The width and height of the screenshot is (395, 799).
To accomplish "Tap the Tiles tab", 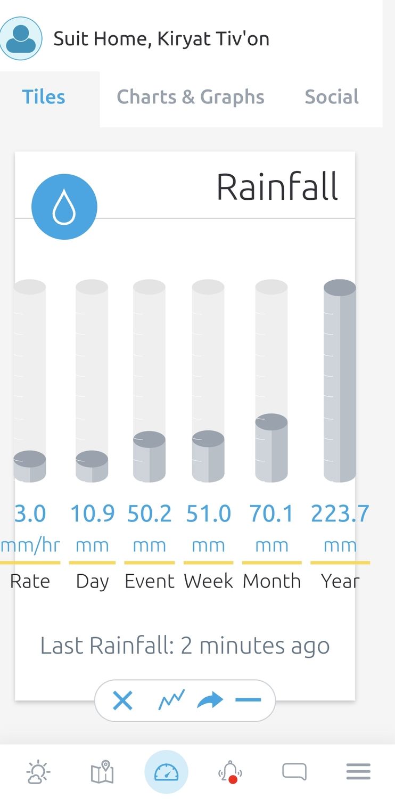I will pyautogui.click(x=44, y=97).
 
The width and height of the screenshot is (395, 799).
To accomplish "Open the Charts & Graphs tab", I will pyautogui.click(x=191, y=97).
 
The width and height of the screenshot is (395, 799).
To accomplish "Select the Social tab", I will pyautogui.click(x=332, y=97).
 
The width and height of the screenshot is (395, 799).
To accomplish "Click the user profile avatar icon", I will pyautogui.click(x=21, y=38).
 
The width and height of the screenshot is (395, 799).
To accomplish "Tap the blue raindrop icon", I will pyautogui.click(x=64, y=207).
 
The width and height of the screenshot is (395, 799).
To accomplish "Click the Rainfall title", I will pyautogui.click(x=277, y=187).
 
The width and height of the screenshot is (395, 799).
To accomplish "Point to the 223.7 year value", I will pyautogui.click(x=340, y=514).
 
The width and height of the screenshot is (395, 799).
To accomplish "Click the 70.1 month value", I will pyautogui.click(x=271, y=514).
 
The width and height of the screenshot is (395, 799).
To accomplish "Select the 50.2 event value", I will pyautogui.click(x=150, y=514).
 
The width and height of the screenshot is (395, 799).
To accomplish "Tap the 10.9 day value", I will pyautogui.click(x=92, y=514).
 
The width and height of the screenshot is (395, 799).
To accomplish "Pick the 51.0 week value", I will pyautogui.click(x=208, y=514).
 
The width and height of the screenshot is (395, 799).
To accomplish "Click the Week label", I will pyautogui.click(x=208, y=581).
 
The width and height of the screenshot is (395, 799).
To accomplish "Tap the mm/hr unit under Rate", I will pyautogui.click(x=30, y=545).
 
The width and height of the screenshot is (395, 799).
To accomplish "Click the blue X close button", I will pyautogui.click(x=122, y=700).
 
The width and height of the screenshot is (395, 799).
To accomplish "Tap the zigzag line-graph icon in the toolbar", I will pyautogui.click(x=171, y=700).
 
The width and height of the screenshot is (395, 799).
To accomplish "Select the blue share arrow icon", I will pyautogui.click(x=210, y=700).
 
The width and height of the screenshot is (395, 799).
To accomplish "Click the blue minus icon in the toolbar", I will pyautogui.click(x=248, y=700).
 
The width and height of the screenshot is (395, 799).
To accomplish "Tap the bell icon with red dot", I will pyautogui.click(x=230, y=772).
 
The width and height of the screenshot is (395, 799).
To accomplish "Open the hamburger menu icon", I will pyautogui.click(x=358, y=772).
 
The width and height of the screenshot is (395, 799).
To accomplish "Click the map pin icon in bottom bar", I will pyautogui.click(x=102, y=772).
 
